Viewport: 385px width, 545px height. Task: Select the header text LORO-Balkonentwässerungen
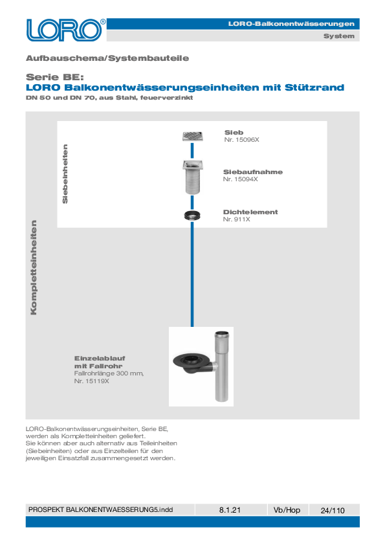pos(291,24)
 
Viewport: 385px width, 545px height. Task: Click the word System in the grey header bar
pos(339,36)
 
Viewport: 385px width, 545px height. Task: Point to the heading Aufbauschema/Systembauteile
pos(107,58)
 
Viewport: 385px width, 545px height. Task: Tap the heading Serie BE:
pos(55,77)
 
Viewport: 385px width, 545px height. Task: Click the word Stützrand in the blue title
pos(314,87)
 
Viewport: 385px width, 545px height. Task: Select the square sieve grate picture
pos(193,136)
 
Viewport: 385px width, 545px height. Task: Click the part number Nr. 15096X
pos(241,140)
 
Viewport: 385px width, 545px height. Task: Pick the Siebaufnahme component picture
pos(193,177)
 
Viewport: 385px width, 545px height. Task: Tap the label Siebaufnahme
pos(252,172)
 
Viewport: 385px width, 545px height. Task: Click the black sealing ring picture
pos(193,216)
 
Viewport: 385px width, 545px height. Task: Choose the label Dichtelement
pos(250,212)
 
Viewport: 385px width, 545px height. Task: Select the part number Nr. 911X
pos(236,219)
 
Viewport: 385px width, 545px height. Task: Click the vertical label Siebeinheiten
pos(65,173)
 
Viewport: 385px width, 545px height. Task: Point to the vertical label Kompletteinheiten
pos(34,267)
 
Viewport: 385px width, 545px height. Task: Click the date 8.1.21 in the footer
pos(230,510)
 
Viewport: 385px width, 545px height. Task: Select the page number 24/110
pos(333,510)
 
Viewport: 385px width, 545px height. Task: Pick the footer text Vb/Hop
pos(287,510)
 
